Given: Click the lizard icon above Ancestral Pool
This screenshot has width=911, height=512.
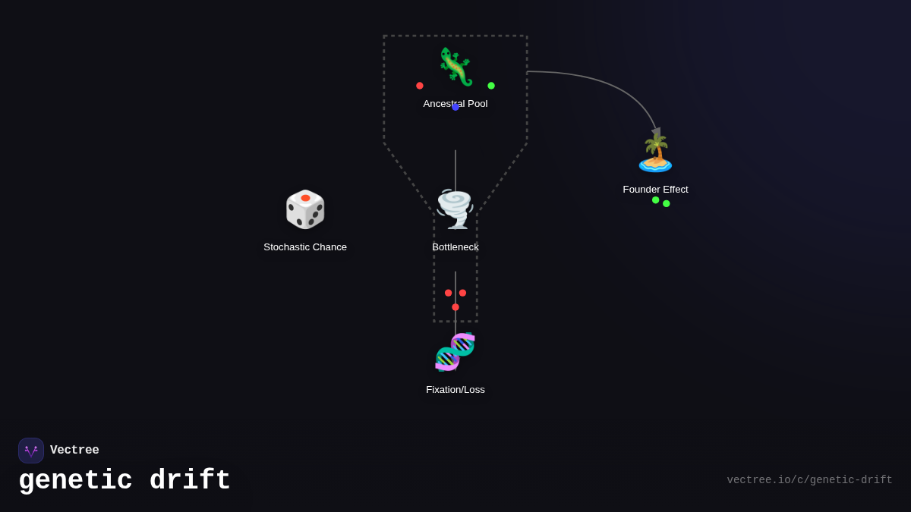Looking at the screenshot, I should pyautogui.click(x=455, y=67).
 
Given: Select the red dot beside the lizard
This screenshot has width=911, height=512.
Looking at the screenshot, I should pyautogui.click(x=420, y=86).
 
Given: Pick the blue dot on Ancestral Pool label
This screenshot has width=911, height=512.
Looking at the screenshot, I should pyautogui.click(x=455, y=107).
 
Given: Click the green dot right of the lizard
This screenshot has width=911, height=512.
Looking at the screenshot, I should pyautogui.click(x=491, y=86).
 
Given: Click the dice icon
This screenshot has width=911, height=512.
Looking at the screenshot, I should pyautogui.click(x=305, y=209).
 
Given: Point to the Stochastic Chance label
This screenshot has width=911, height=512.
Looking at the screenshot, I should pyautogui.click(x=305, y=247).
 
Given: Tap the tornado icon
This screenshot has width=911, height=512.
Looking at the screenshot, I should pyautogui.click(x=455, y=209).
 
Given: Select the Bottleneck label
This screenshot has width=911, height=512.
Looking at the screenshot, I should pyautogui.click(x=455, y=247).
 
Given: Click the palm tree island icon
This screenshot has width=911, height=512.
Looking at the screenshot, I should pyautogui.click(x=655, y=152).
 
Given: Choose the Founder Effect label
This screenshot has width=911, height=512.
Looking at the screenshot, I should pyautogui.click(x=655, y=189).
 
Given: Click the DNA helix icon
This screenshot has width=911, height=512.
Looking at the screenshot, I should pyautogui.click(x=455, y=352).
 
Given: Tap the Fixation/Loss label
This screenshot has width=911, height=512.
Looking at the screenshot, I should pyautogui.click(x=455, y=389).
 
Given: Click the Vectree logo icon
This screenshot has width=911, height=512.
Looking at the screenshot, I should pyautogui.click(x=31, y=451).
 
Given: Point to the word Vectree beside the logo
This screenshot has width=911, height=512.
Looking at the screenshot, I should pyautogui.click(x=74, y=451).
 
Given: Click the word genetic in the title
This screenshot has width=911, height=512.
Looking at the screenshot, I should pyautogui.click(x=75, y=481).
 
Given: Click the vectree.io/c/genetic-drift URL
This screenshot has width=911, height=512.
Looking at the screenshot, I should pyautogui.click(x=809, y=480).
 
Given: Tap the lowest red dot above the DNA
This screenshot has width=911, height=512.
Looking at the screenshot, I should pyautogui.click(x=455, y=307).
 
